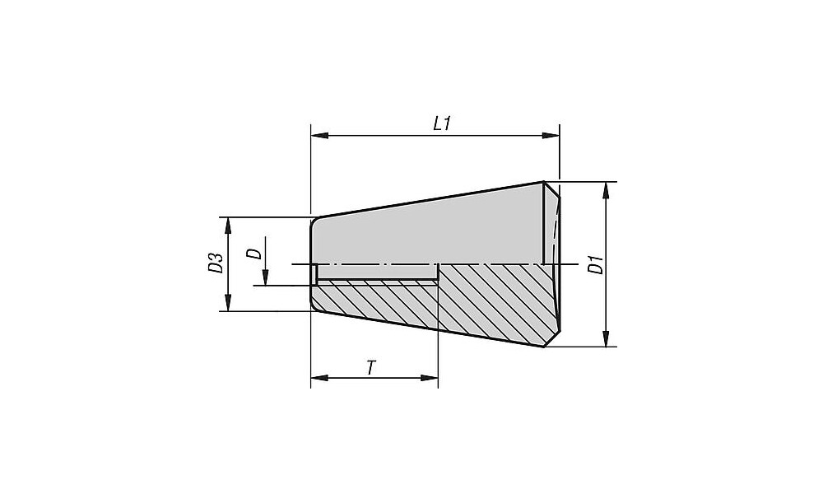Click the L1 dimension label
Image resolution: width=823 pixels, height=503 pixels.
[x=441, y=124]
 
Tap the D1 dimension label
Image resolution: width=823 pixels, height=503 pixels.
[x=595, y=264]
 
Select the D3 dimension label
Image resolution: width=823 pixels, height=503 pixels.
[x=215, y=263]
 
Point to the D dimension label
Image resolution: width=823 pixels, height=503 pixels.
[x=254, y=254]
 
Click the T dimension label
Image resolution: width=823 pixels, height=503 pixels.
[x=371, y=367]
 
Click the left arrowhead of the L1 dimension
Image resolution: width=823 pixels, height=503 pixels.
[x=319, y=136]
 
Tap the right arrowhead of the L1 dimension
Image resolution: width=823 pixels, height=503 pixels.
[x=551, y=136]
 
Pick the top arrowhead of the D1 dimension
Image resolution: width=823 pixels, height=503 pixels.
[x=607, y=191]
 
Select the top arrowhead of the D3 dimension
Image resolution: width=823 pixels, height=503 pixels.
[x=228, y=226]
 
